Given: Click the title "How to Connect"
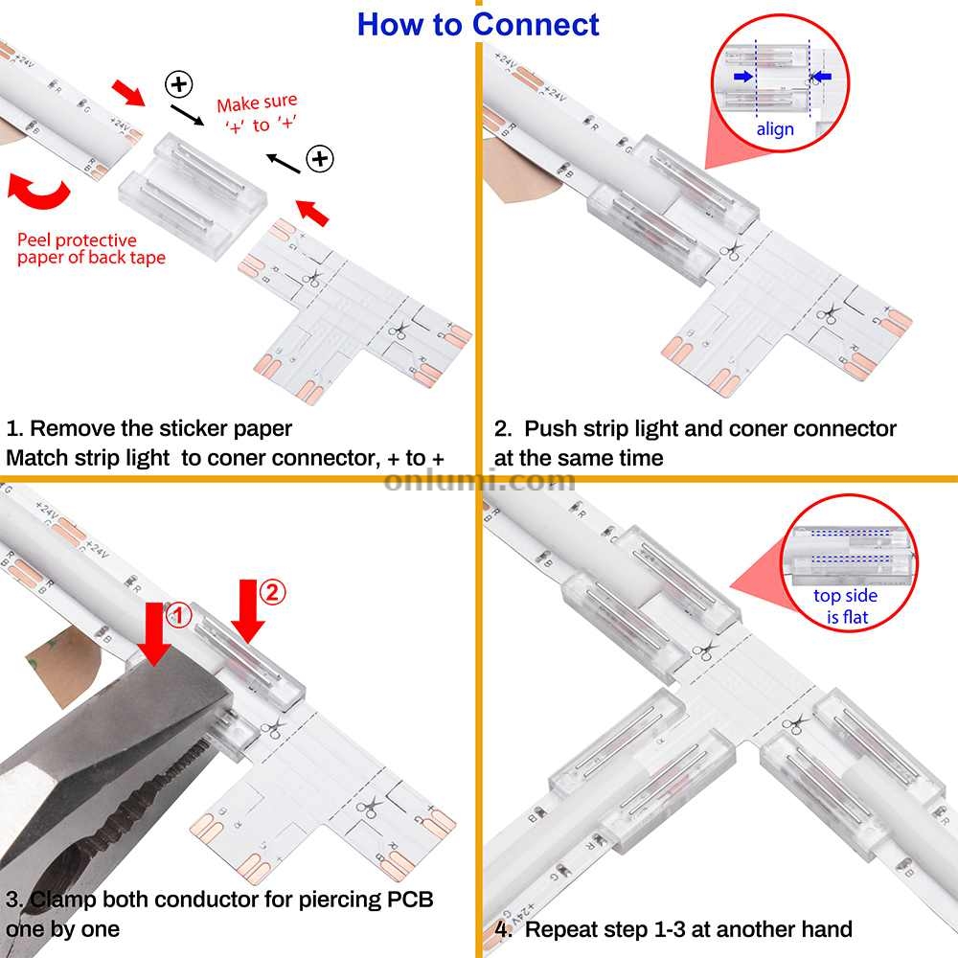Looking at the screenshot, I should coord(478,24).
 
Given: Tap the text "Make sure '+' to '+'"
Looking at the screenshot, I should coord(256,113).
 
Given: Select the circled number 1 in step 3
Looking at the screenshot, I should coord(179,613).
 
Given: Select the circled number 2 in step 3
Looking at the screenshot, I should coord(272,593).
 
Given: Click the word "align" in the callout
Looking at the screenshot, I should coord(775,129).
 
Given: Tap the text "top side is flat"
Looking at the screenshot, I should coord(847,606).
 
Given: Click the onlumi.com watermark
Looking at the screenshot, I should coord(479,480).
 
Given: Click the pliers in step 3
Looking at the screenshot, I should coord(105,766).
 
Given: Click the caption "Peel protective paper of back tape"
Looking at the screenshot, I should coord(91,248).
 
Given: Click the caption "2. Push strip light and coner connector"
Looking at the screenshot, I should coord(696,428).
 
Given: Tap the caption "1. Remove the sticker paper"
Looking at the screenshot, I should coord(148,427).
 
